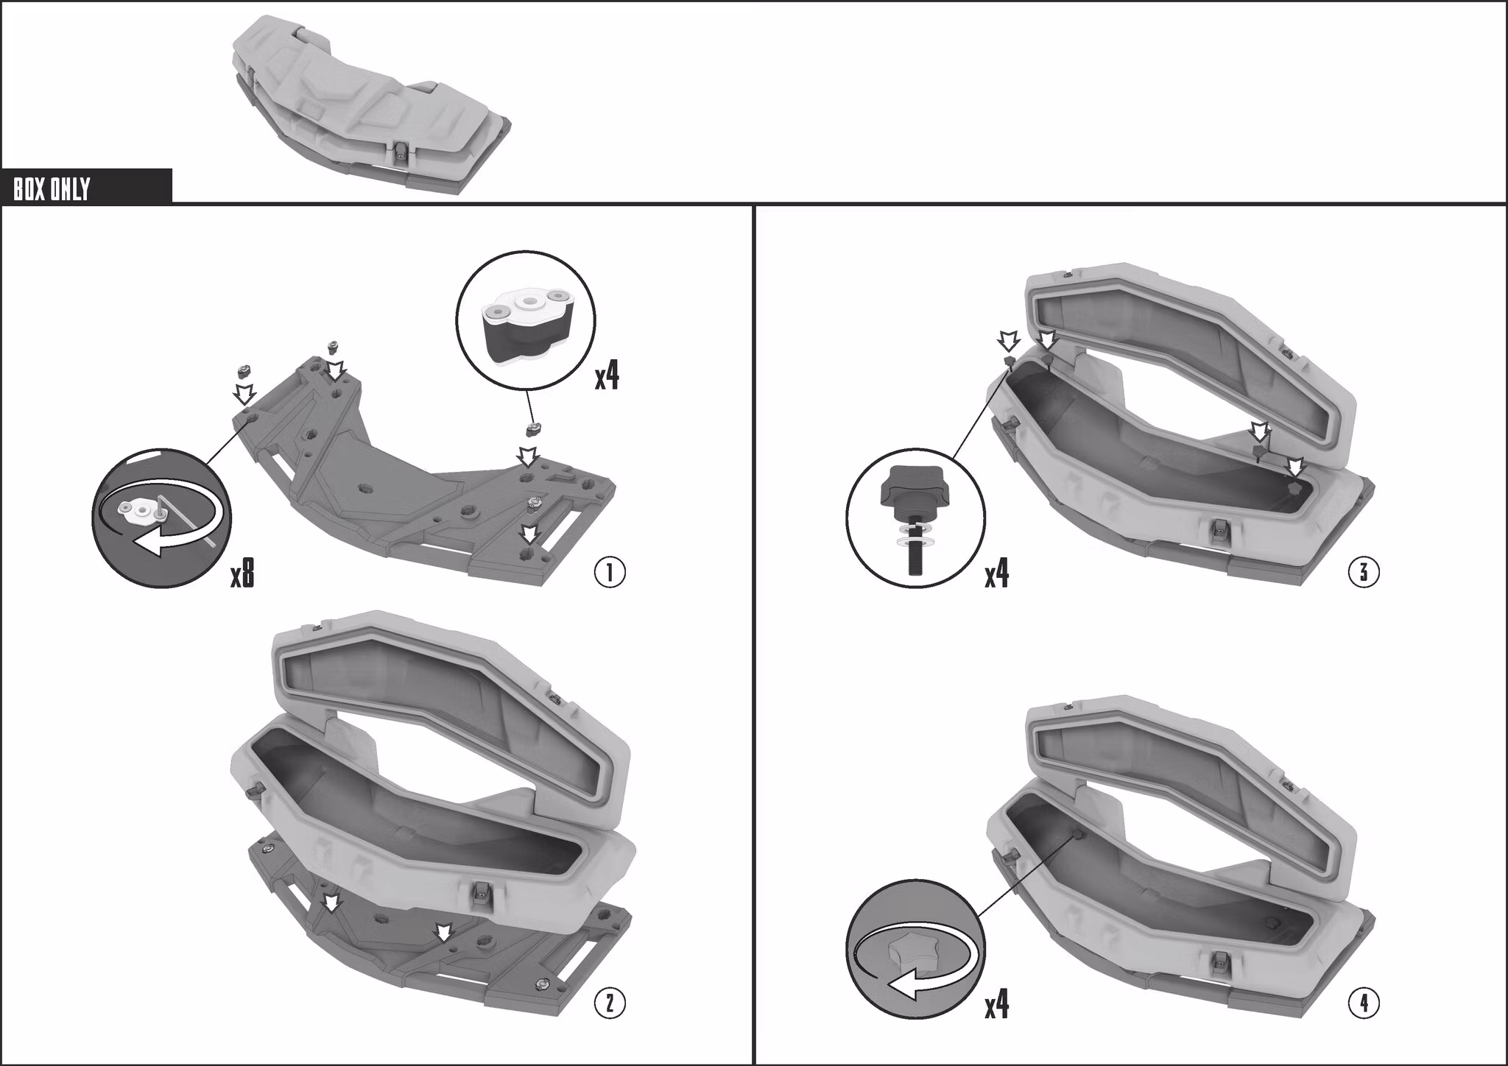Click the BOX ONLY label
[52, 189]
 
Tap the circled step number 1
[610, 573]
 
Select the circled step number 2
[610, 1003]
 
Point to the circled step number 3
[1364, 572]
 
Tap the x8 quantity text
[242, 573]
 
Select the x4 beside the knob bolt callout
[997, 573]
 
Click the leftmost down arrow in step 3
[1008, 341]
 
